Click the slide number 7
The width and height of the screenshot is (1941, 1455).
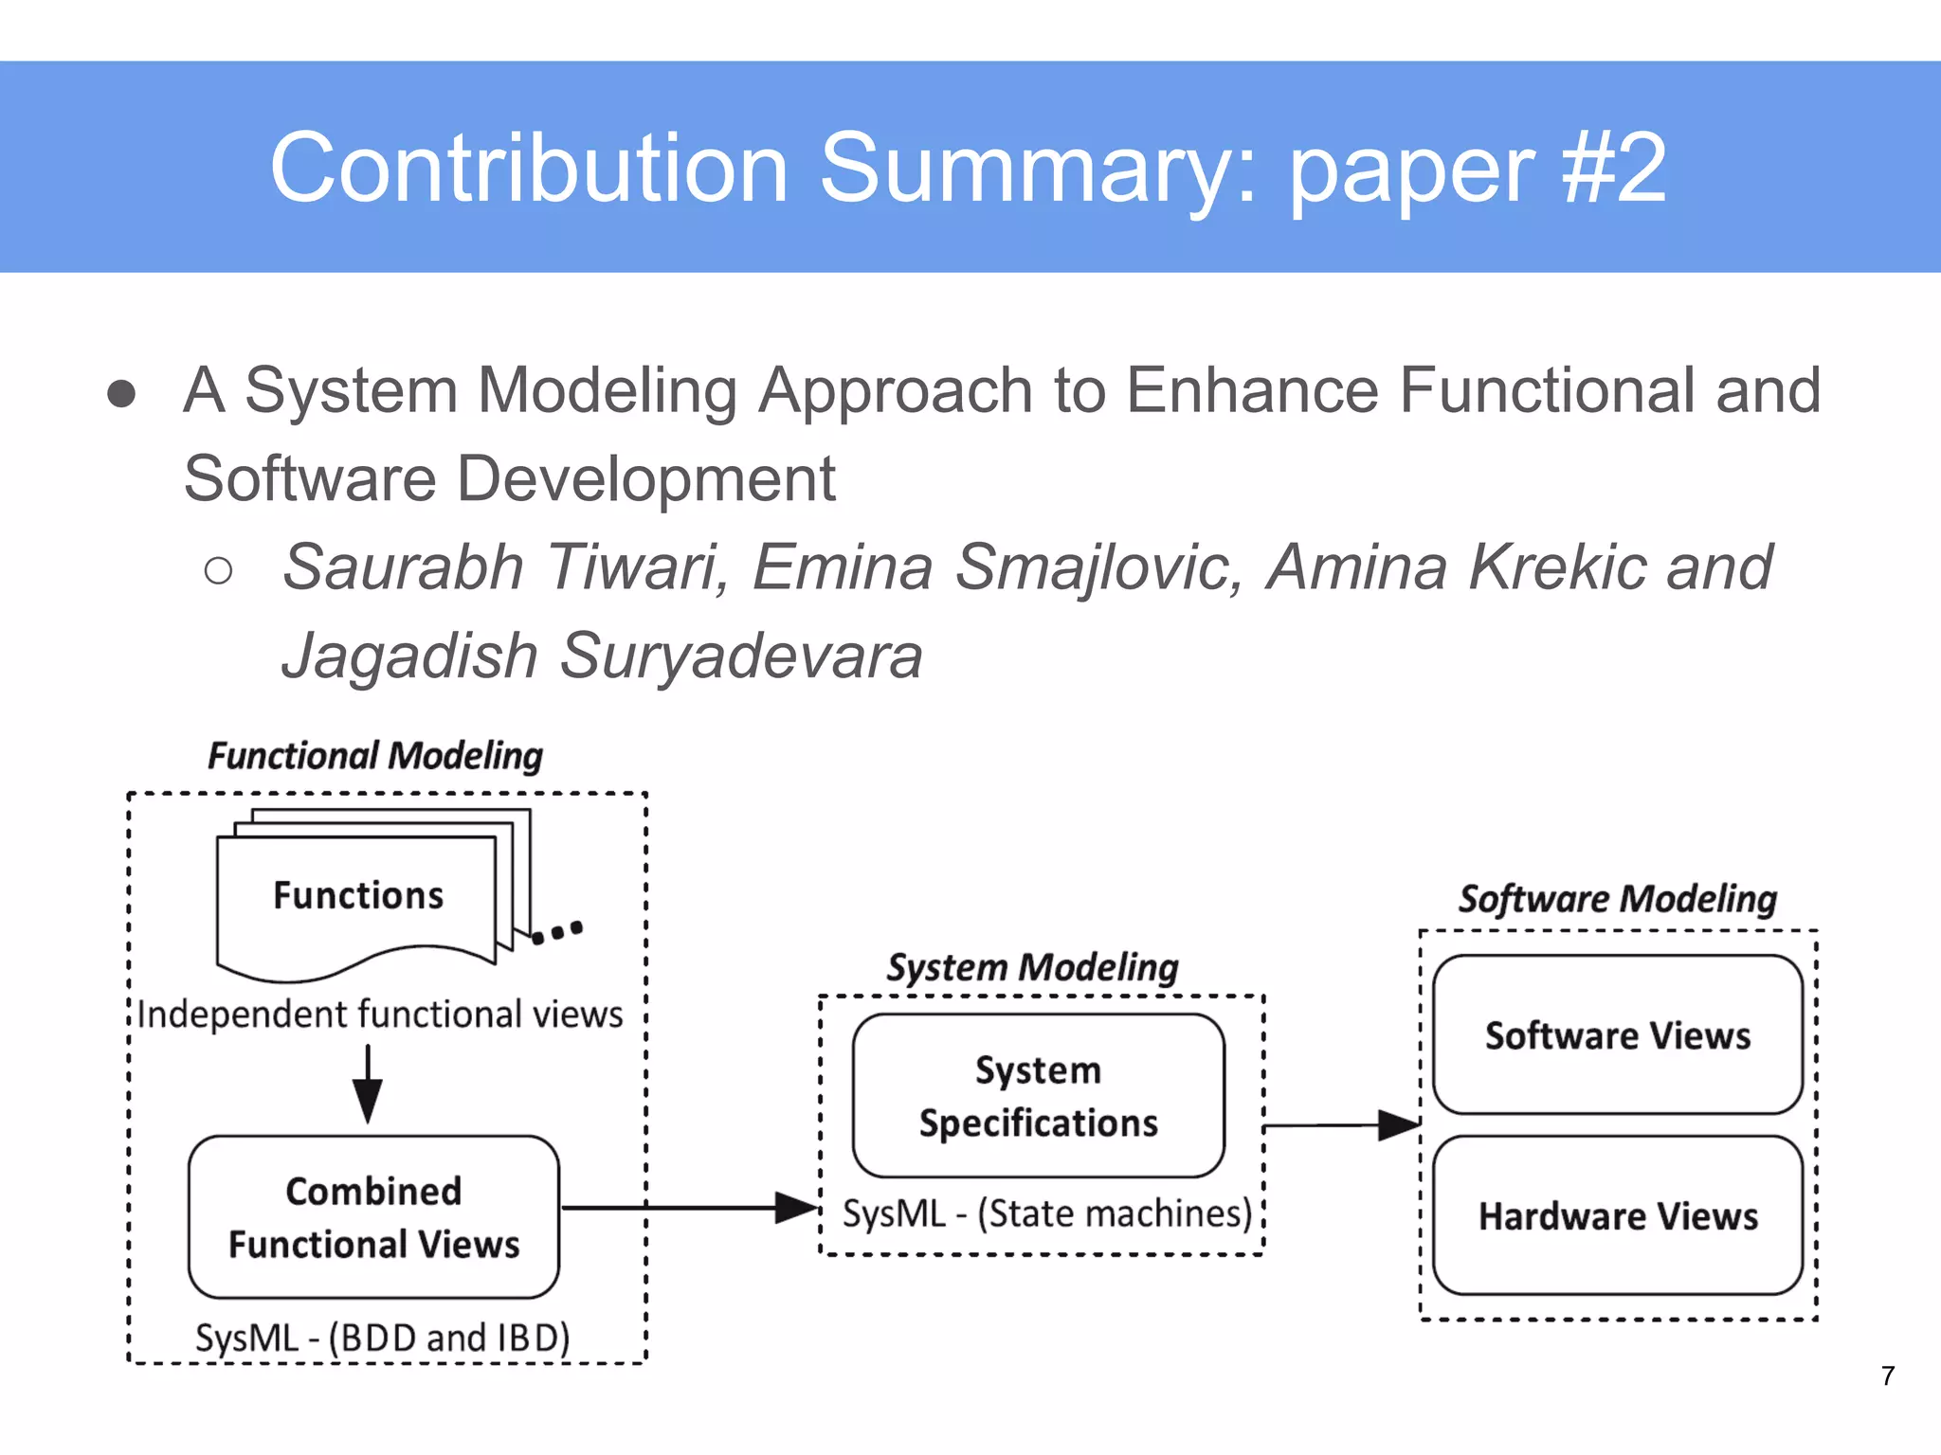tap(1888, 1375)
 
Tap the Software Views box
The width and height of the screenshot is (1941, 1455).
tap(1617, 1034)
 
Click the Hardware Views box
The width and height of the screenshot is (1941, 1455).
tap(1617, 1215)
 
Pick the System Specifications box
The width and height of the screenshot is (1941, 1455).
tap(1038, 1096)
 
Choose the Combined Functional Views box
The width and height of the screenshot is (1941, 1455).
tap(373, 1216)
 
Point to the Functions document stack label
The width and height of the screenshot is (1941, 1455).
tap(358, 895)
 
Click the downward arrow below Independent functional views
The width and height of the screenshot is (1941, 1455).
tap(368, 1085)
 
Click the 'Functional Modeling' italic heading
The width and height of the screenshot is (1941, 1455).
tap(375, 756)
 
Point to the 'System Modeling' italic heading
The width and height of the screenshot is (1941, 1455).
tap(1032, 967)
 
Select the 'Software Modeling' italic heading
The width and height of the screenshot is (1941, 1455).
tap(1617, 898)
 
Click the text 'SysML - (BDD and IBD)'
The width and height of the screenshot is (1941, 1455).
tap(383, 1338)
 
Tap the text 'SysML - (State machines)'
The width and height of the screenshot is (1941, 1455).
tap(1047, 1213)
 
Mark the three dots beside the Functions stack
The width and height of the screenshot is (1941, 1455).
tap(557, 932)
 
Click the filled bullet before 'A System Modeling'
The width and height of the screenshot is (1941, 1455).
tap(121, 393)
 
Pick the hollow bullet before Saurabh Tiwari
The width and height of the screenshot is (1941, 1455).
tap(218, 570)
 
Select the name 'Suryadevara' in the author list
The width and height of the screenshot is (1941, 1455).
tap(740, 656)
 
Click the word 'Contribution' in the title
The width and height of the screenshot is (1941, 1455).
tap(529, 169)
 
